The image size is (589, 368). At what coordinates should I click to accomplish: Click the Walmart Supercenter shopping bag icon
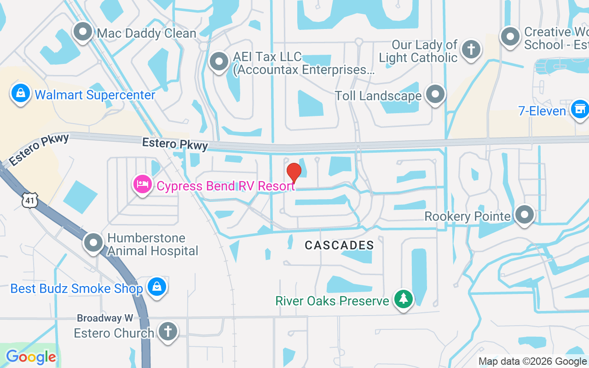point(21,94)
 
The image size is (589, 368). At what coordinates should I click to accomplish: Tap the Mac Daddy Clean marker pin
point(83,32)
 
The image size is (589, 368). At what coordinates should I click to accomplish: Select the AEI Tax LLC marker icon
point(219,62)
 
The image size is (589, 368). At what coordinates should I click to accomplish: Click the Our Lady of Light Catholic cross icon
point(471,49)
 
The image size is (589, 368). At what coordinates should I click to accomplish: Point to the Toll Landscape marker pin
point(435,94)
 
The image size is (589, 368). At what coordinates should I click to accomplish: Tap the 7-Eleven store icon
point(579,109)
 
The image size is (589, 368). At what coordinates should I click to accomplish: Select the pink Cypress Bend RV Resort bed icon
point(143,185)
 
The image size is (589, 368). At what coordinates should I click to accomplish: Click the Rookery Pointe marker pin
point(524,215)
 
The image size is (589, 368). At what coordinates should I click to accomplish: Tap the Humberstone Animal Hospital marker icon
point(93,242)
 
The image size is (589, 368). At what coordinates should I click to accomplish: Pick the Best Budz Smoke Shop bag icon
point(157,287)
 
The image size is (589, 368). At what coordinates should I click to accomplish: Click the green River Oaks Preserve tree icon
point(404,299)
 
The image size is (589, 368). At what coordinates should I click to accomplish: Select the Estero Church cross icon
point(167,332)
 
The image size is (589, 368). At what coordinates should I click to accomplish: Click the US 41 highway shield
point(29,200)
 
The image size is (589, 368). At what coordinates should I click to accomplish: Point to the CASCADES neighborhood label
point(339,245)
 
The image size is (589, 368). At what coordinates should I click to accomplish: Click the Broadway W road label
point(105,318)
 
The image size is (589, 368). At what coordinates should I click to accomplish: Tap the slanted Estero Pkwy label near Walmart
point(39,149)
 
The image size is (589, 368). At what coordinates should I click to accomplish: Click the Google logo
point(31,357)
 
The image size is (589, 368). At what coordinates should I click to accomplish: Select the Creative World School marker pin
point(510,37)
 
